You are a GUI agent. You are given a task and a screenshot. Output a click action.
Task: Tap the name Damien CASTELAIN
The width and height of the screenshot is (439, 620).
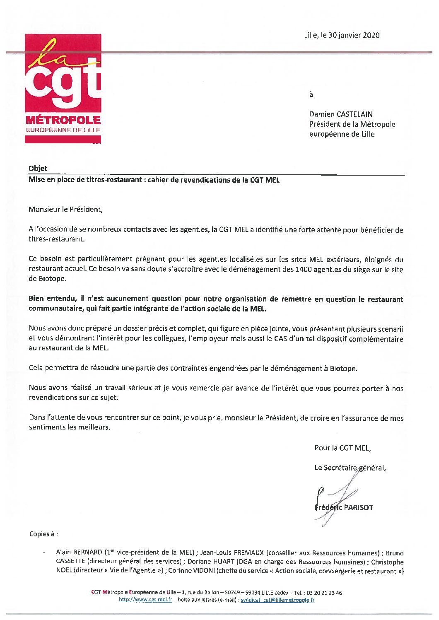(x=340, y=114)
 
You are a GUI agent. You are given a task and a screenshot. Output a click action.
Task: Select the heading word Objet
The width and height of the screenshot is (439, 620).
(x=38, y=168)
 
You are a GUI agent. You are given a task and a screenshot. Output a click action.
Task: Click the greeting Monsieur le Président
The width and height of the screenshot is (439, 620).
(x=65, y=209)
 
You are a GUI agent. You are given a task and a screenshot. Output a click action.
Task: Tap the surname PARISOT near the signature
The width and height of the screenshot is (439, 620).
(x=358, y=507)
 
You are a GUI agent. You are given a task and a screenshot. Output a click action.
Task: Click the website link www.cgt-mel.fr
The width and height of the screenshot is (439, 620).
(x=145, y=599)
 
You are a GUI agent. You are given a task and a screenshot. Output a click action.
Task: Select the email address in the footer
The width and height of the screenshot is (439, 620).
(x=277, y=599)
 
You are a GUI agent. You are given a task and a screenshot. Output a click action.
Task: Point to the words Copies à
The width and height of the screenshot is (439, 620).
(x=43, y=534)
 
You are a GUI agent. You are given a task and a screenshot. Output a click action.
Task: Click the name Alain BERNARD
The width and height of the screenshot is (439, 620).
(x=79, y=552)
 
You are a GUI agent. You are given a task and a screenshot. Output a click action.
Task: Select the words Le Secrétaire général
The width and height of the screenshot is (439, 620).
(x=350, y=468)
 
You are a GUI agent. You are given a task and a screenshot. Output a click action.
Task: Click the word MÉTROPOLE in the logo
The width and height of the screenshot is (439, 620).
(x=63, y=121)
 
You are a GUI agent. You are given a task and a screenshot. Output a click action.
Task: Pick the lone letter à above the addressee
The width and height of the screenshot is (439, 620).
(x=311, y=94)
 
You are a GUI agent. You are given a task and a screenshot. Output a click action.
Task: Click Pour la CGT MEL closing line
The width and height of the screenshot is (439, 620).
(x=343, y=448)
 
